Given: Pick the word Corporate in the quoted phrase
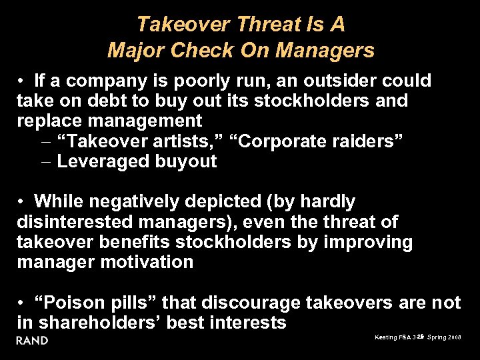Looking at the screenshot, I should (x=275, y=141).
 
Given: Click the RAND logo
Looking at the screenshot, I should (x=33, y=341).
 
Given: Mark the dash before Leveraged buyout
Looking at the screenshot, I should (x=45, y=162).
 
